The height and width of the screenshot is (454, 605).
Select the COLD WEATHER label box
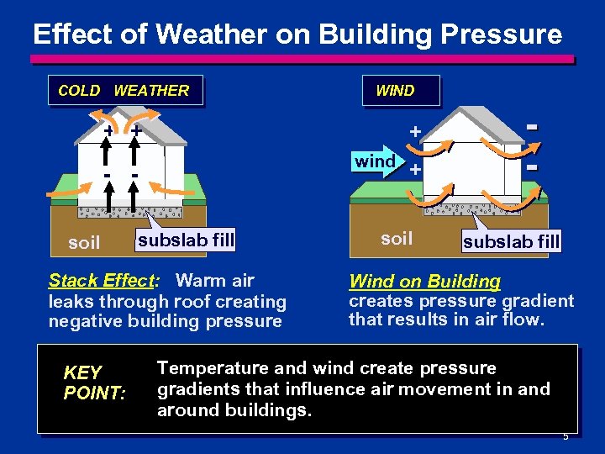click(x=124, y=91)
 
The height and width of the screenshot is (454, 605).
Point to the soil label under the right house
click(x=397, y=238)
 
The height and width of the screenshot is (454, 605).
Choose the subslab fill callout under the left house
click(x=186, y=240)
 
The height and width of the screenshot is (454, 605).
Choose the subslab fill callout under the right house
click(x=511, y=243)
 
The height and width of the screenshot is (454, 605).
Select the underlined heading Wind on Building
click(x=424, y=282)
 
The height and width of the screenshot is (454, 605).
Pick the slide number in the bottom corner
click(x=566, y=436)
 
